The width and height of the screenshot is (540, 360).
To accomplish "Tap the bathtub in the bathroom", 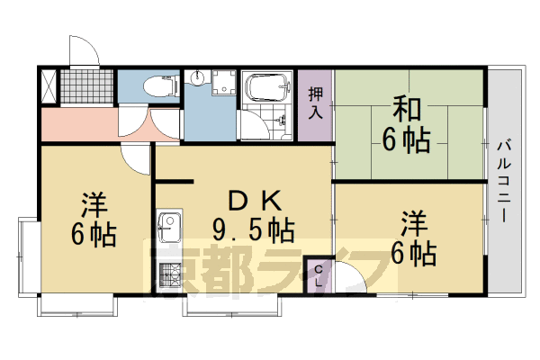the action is [x=267, y=86].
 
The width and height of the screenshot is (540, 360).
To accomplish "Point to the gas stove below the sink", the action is [x=169, y=275].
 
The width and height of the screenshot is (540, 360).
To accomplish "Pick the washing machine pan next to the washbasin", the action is [x=223, y=82].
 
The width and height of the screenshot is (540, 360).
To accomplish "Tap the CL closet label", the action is [x=319, y=276].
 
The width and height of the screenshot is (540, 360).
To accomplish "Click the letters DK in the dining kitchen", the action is [x=255, y=201].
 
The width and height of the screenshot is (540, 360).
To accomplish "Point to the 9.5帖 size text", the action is [x=254, y=229].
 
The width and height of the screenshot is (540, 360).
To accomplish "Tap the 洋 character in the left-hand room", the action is [x=94, y=205].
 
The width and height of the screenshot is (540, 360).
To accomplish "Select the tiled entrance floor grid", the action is [x=86, y=86].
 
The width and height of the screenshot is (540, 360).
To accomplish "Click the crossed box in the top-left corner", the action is [x=49, y=86].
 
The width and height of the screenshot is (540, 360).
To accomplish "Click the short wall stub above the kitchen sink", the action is [x=174, y=181].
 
